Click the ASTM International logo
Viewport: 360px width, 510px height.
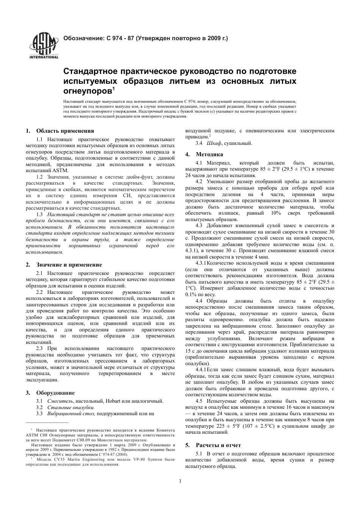tap(44, 46)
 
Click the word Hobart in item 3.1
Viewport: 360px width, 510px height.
tap(110, 401)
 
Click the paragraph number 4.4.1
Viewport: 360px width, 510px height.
tap(201, 369)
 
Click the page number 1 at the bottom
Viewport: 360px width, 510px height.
tap(180, 481)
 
